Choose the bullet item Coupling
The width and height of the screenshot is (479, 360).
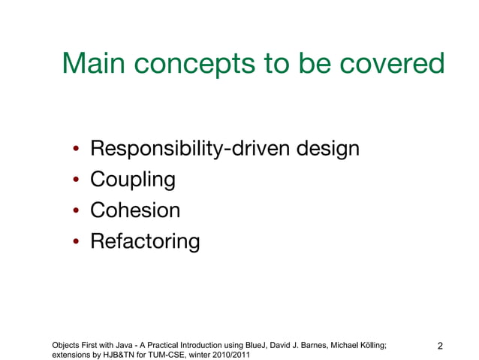pyautogui.click(x=133, y=180)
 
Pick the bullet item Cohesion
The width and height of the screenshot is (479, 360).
pyautogui.click(x=135, y=210)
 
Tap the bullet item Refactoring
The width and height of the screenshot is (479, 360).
pyautogui.click(x=145, y=241)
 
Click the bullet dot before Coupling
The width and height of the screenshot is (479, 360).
pyautogui.click(x=77, y=181)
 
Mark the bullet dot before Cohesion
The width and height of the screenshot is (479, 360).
pyautogui.click(x=77, y=212)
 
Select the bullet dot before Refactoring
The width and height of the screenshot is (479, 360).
pyautogui.click(x=77, y=243)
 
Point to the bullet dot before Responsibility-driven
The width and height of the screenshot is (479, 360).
pyautogui.click(x=77, y=150)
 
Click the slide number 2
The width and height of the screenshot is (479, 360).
pyautogui.click(x=440, y=346)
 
